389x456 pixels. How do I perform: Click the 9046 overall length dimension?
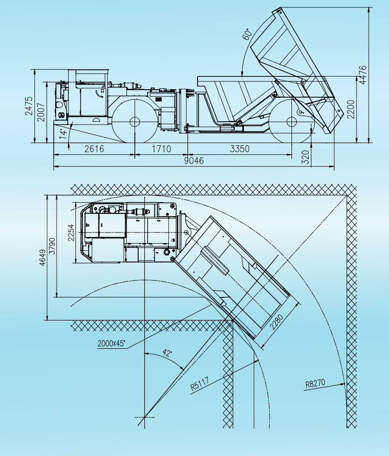pos(194,160)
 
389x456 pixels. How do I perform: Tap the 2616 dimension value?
pos(94,149)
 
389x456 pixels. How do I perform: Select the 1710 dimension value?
pos(162,149)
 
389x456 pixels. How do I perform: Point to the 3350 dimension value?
pos(240,149)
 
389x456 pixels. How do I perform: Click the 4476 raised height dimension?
pos(363,75)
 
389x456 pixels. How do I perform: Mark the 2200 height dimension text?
pos(351,110)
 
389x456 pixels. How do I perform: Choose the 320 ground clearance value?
pos(306,157)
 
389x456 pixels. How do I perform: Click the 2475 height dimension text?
pos(29,106)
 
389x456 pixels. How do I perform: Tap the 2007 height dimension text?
pos(41,112)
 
